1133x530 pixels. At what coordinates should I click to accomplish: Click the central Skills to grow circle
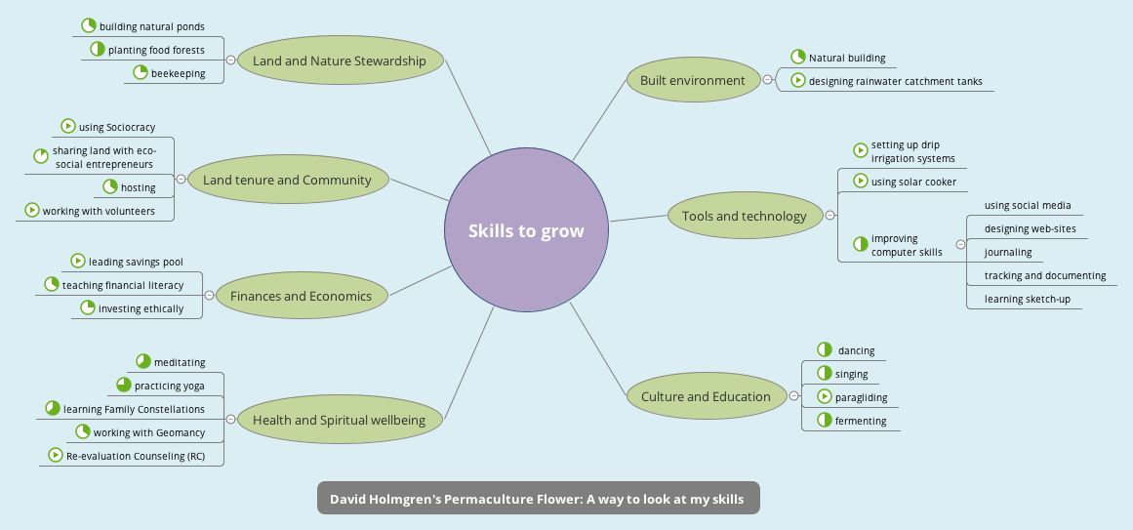(526, 231)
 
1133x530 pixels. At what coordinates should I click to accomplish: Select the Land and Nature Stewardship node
(340, 61)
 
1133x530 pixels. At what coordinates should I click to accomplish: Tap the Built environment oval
(693, 81)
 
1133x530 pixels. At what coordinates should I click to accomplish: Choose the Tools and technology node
(745, 217)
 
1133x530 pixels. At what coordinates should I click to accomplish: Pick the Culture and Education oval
(706, 396)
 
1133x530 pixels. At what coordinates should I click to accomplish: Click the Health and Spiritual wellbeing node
(340, 420)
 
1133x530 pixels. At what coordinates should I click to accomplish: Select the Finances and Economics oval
(301, 296)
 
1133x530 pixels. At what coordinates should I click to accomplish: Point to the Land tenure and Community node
(287, 180)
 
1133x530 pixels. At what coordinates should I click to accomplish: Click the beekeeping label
(178, 73)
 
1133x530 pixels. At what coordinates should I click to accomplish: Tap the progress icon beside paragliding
(825, 397)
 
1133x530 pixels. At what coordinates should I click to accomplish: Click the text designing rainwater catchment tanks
(895, 82)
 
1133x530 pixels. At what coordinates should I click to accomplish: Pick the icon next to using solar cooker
(861, 181)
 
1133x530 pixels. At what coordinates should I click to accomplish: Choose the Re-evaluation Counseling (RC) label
(142, 456)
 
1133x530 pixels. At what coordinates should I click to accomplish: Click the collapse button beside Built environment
(767, 80)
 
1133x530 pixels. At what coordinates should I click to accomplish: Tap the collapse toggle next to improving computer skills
(960, 245)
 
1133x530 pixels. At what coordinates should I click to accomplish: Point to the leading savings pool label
(136, 262)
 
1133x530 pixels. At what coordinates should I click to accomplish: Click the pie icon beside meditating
(143, 361)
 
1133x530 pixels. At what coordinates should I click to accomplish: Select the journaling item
(1008, 253)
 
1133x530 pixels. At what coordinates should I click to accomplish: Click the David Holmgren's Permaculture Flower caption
(537, 499)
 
